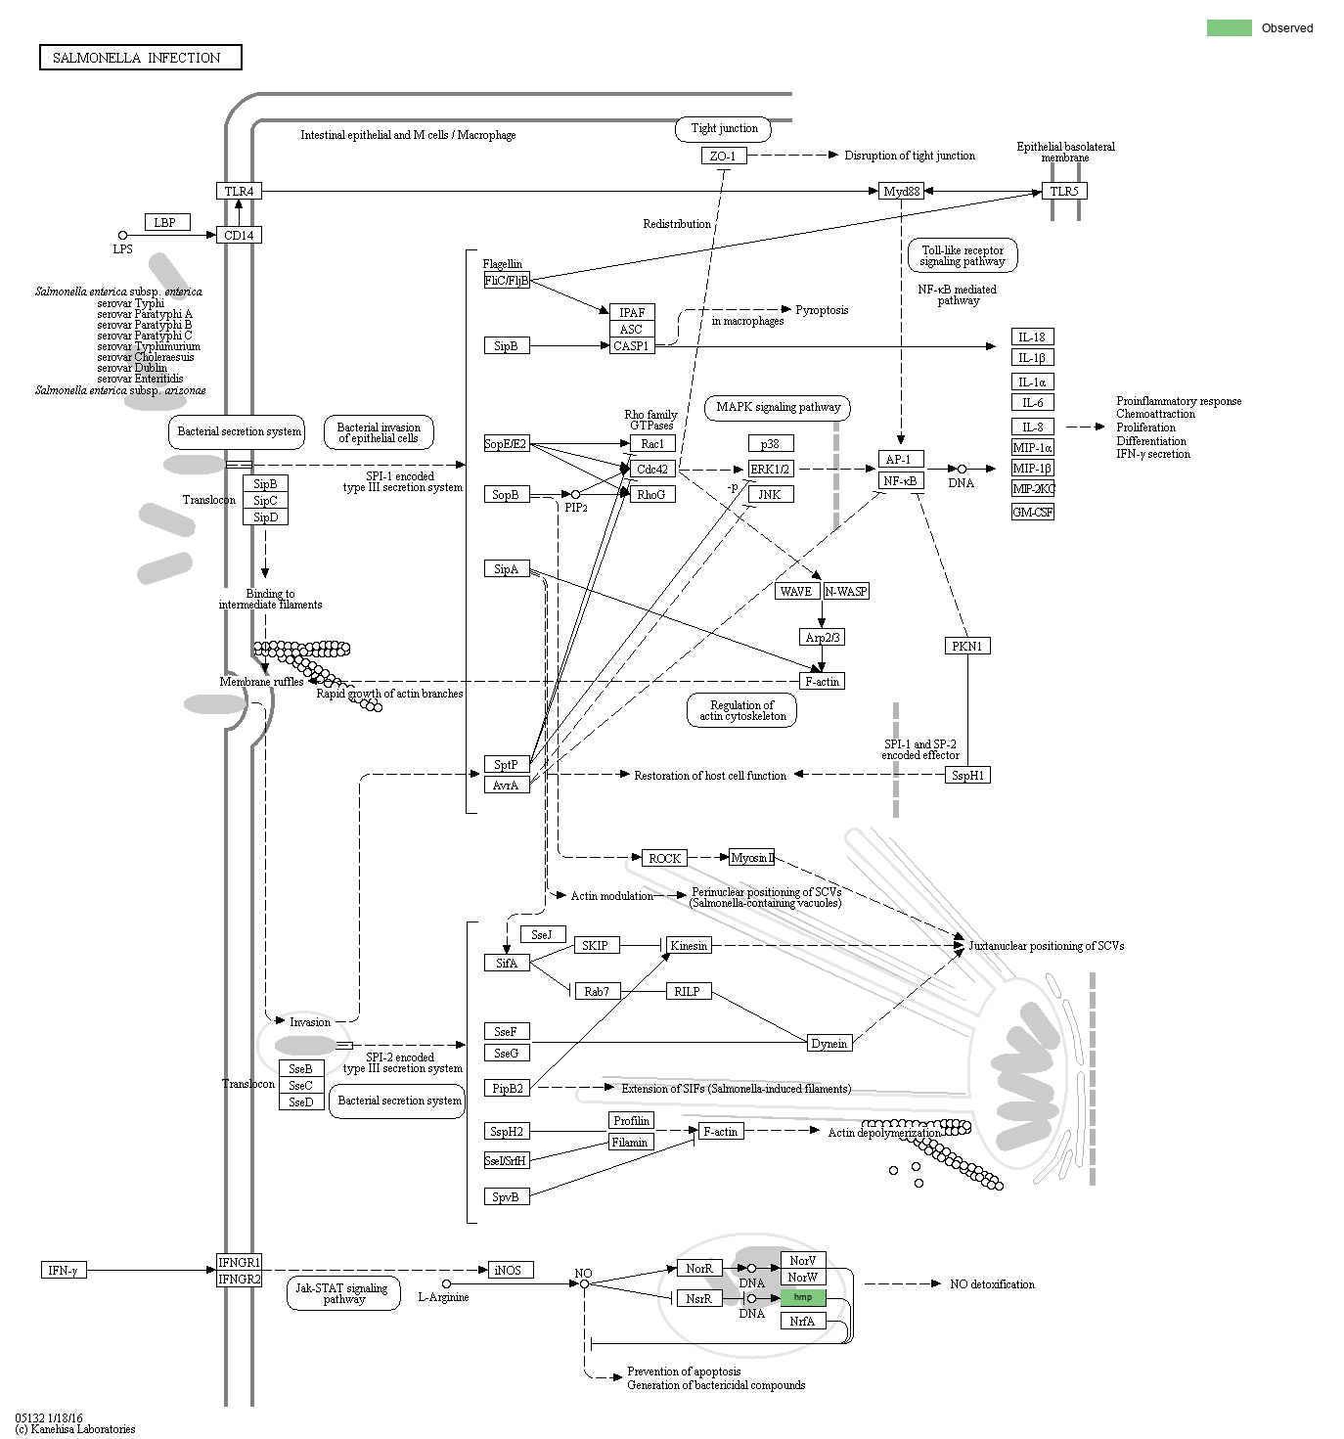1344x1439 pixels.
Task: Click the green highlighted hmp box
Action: (803, 1297)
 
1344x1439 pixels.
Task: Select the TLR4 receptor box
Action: (239, 191)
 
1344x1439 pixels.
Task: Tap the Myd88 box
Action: (901, 191)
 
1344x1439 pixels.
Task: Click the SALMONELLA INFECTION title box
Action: (140, 58)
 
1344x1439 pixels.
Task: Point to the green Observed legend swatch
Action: (1229, 27)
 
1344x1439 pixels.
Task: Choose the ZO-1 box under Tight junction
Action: (724, 156)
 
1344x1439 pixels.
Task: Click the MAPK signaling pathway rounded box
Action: (778, 407)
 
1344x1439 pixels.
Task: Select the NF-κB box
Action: (900, 480)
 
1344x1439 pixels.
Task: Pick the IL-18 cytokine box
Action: (1032, 337)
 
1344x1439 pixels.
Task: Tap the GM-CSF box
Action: (1032, 512)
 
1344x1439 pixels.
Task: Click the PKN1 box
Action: (967, 646)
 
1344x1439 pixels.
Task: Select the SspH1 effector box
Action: (967, 775)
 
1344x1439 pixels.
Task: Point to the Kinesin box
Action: (688, 945)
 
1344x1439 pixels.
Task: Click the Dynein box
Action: (829, 1043)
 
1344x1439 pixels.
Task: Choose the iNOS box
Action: (508, 1270)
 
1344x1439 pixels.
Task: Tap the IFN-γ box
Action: (63, 1270)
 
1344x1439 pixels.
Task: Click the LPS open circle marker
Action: (122, 235)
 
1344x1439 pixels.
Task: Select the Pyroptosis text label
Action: (821, 310)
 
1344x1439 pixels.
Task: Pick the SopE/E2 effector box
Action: (506, 444)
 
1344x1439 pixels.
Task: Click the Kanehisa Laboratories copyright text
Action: (75, 1429)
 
